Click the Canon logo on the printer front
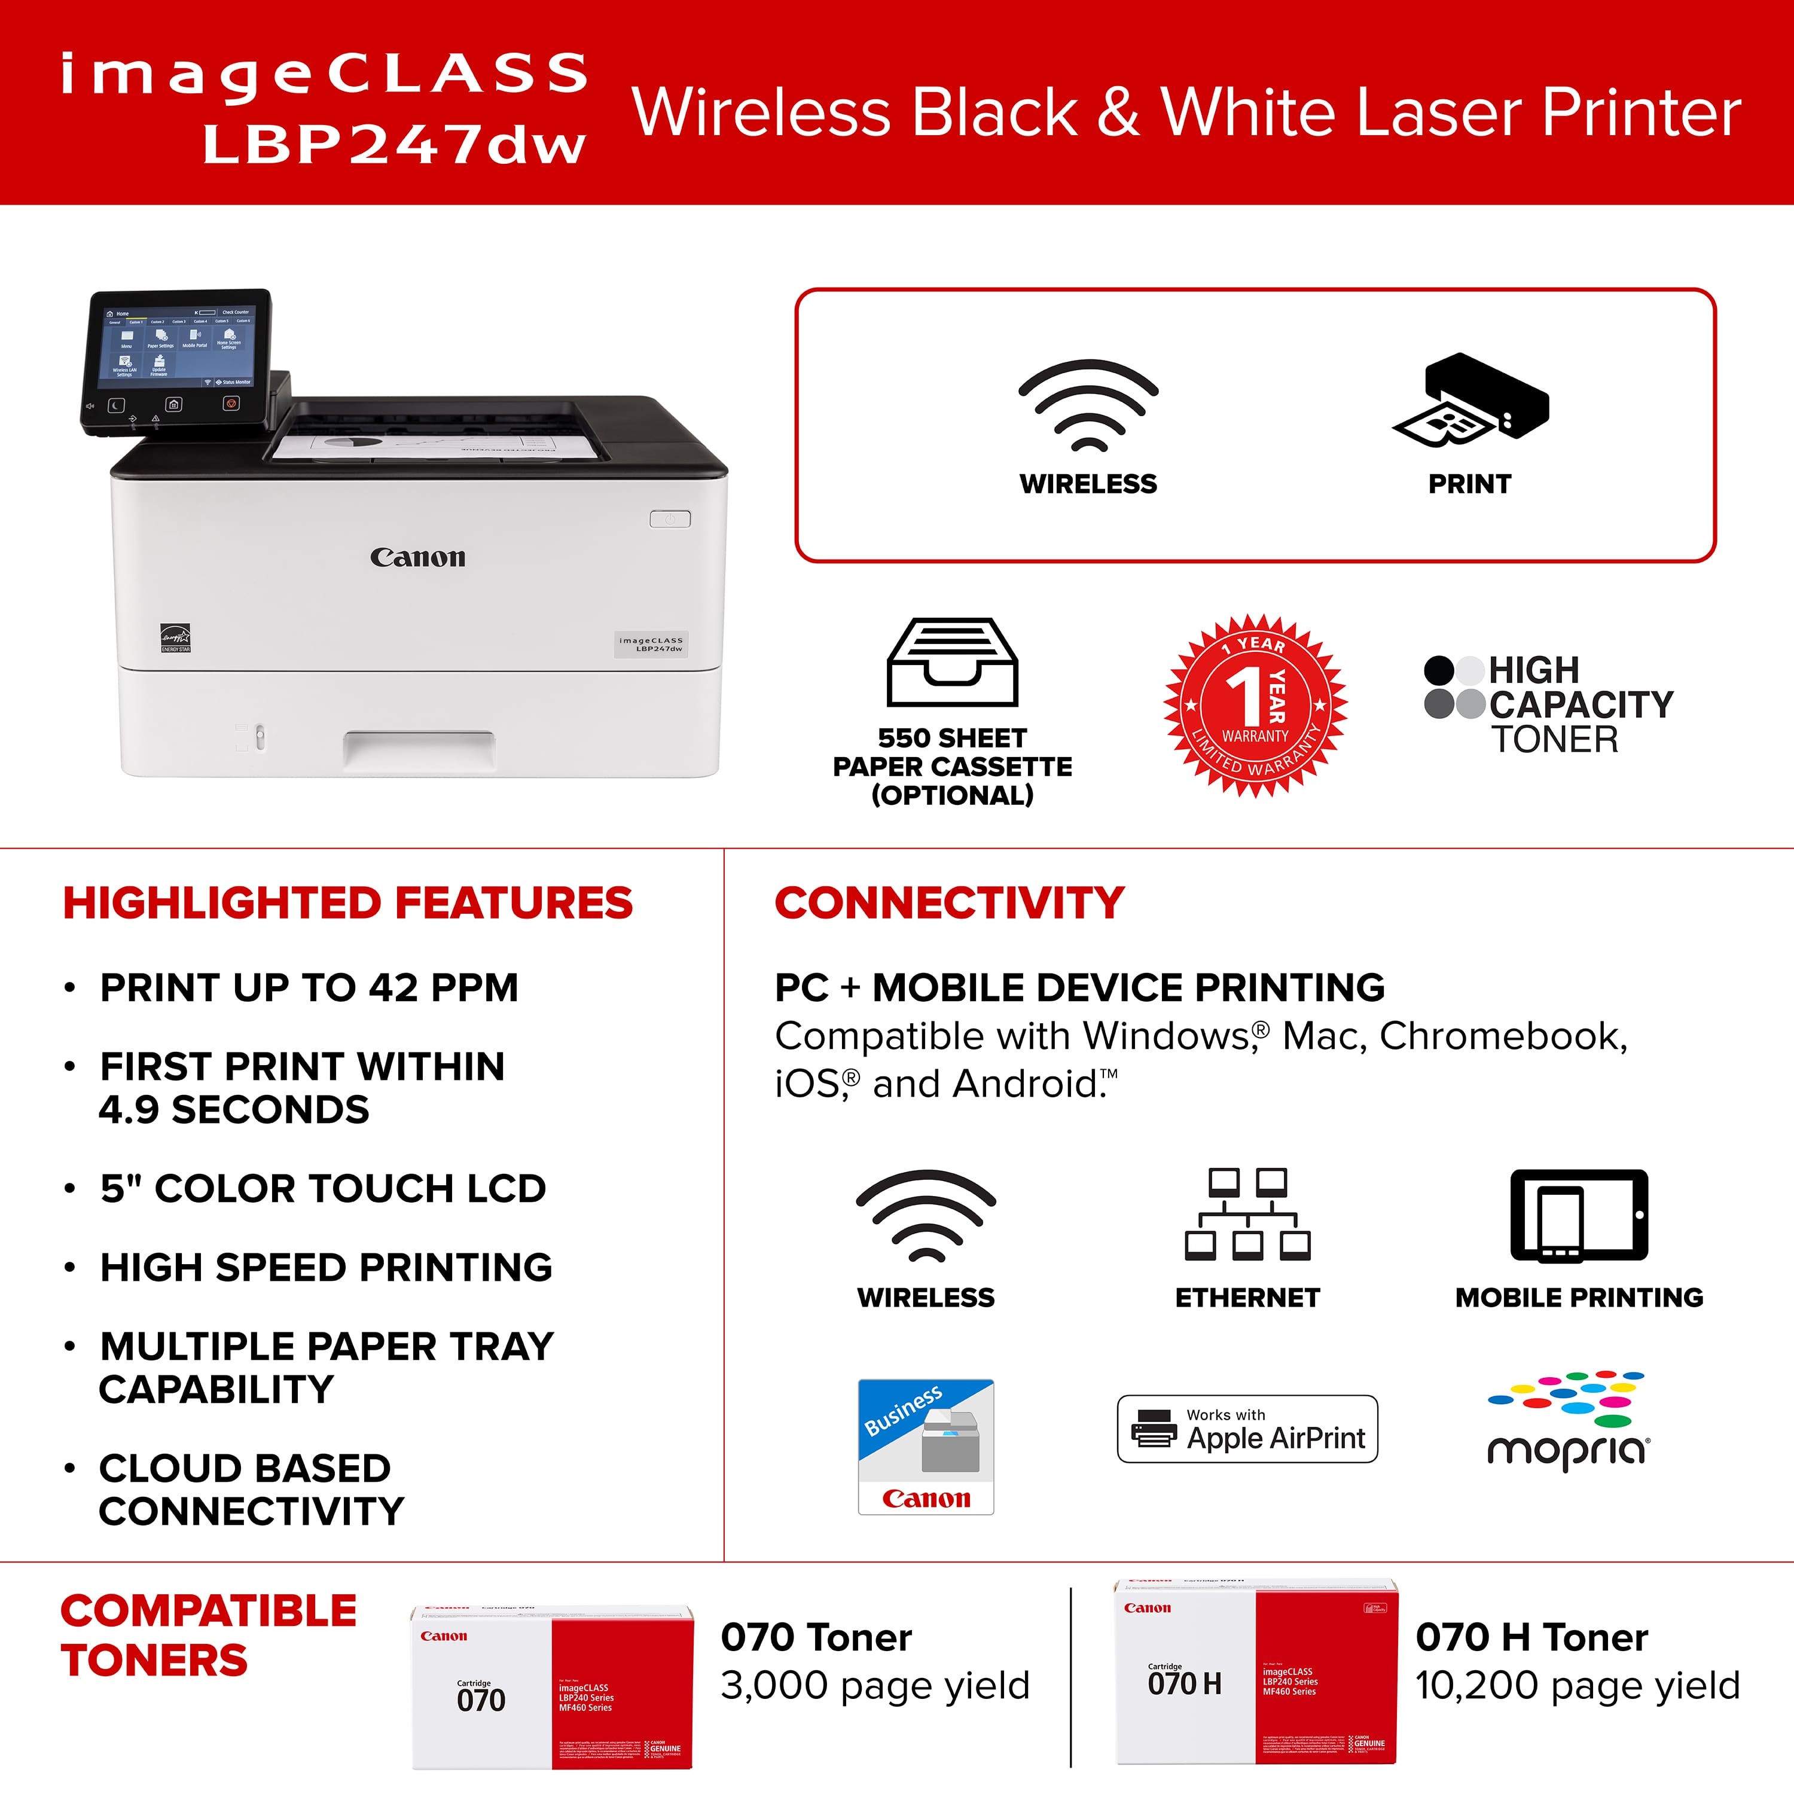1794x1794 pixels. [x=418, y=557]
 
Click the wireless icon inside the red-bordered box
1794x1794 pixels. [x=1088, y=406]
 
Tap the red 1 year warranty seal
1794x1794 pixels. [x=1255, y=706]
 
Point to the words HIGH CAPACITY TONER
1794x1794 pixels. [x=1581, y=705]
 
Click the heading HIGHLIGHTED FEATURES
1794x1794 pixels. [x=348, y=902]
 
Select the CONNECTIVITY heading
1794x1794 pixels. [x=949, y=902]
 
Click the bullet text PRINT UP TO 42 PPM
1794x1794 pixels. [x=309, y=987]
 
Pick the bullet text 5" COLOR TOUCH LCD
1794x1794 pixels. [x=323, y=1189]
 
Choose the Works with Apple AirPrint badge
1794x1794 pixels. [x=1247, y=1429]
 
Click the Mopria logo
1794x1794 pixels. [x=1567, y=1421]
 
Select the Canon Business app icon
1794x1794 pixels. [x=926, y=1446]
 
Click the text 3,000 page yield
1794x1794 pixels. [x=875, y=1685]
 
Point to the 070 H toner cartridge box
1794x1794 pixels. [x=1255, y=1671]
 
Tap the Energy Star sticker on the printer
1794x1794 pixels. [x=175, y=638]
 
